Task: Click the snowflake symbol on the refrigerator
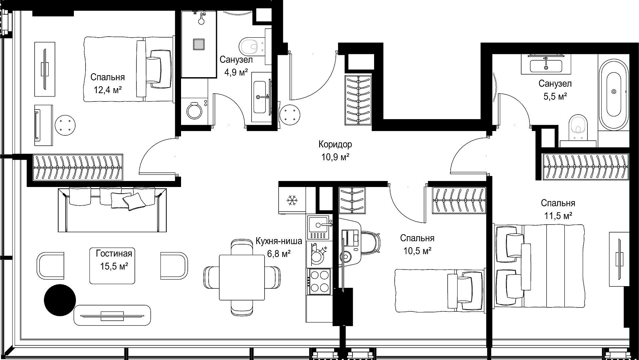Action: coord(292,200)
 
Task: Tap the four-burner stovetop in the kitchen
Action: coord(319,282)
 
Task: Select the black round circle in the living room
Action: coord(60,300)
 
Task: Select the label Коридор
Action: coord(335,144)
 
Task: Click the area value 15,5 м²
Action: coord(114,267)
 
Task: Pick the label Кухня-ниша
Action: coord(279,241)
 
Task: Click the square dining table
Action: coord(242,277)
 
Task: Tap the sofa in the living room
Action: coord(112,210)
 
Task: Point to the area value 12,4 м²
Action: coord(107,90)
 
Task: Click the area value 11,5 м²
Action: coord(558,216)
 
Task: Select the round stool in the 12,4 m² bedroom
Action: coord(65,125)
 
